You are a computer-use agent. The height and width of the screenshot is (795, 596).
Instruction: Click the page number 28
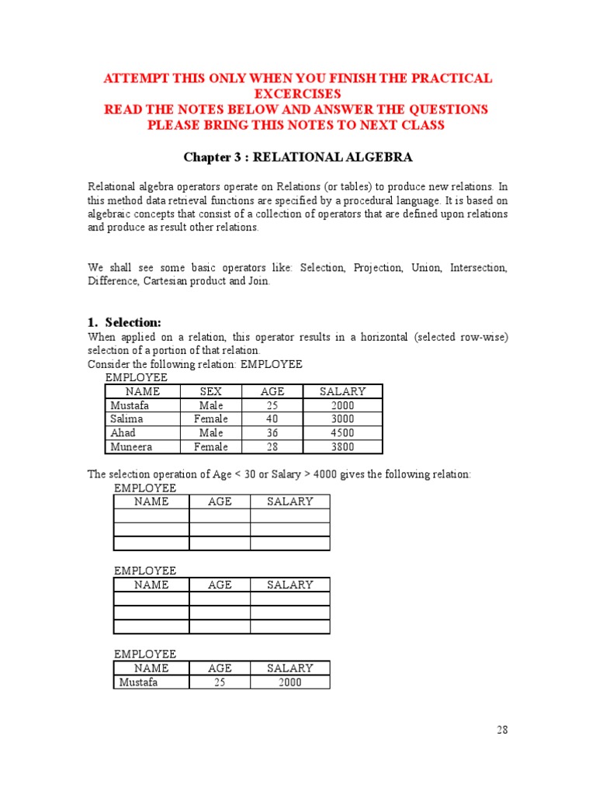click(502, 730)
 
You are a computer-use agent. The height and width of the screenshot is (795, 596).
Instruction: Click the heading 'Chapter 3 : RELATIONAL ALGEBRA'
click(298, 158)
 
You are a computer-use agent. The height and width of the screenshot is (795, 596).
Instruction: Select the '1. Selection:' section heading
click(125, 322)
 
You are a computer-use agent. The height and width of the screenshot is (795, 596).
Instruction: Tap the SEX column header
click(210, 391)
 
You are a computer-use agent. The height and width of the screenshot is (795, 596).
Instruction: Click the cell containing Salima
click(126, 419)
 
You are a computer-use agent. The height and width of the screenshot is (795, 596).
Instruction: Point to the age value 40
click(272, 419)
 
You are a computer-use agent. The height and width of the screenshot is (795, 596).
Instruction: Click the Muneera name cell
click(131, 447)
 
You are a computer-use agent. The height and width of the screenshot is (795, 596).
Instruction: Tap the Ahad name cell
click(123, 433)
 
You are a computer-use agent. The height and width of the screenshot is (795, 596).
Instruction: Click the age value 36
click(272, 433)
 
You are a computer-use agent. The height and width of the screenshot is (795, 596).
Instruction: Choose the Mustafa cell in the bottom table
click(137, 682)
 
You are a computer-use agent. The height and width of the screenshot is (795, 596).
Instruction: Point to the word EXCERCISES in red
click(298, 94)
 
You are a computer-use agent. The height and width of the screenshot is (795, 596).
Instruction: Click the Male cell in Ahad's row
click(210, 433)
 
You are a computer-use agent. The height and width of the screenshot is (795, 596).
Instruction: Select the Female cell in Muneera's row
click(210, 447)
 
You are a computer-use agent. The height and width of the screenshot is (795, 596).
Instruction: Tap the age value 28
click(272, 447)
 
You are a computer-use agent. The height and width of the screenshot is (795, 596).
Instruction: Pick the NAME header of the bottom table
click(151, 668)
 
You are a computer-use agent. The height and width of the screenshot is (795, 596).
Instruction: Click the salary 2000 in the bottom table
click(290, 682)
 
